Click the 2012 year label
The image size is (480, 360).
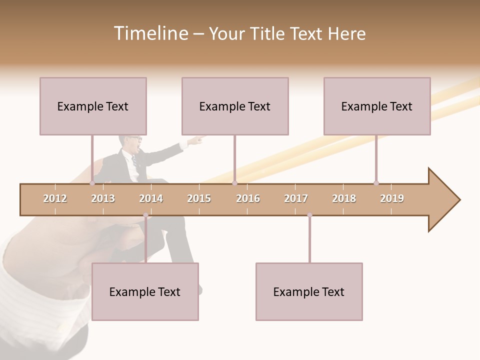pos(55,198)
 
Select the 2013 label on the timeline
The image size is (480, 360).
pos(103,198)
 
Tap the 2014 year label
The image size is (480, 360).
pos(151,198)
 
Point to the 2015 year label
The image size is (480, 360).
pos(199,198)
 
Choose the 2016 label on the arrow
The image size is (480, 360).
pos(248,198)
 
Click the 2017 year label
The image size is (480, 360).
pos(296,198)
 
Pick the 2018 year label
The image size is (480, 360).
pos(344,198)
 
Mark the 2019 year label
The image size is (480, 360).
pos(392,198)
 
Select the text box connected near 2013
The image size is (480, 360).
pos(93,106)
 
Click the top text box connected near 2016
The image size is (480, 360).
pos(235,106)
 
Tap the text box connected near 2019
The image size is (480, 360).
pos(377,106)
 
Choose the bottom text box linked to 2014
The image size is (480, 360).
pos(145,291)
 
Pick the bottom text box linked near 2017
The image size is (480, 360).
pos(309,291)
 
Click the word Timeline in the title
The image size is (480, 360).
pos(150,33)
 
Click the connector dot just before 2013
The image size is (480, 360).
pos(92,183)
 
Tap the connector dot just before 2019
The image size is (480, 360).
pos(376,183)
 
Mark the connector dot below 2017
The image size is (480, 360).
pos(309,215)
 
